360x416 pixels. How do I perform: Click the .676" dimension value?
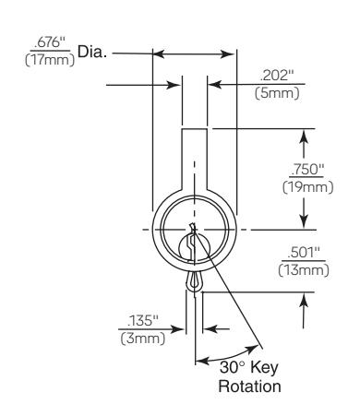click(x=50, y=42)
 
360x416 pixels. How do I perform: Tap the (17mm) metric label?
click(x=50, y=59)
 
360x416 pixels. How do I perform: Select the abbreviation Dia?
click(x=92, y=52)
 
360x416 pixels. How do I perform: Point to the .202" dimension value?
click(x=277, y=76)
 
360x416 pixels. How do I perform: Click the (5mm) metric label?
click(x=277, y=92)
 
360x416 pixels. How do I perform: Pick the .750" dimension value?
click(x=306, y=169)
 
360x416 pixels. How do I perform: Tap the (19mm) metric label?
click(x=307, y=187)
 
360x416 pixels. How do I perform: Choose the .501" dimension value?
click(x=304, y=253)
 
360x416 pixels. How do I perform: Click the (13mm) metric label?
click(x=304, y=270)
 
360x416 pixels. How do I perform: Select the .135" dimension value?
click(x=143, y=321)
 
